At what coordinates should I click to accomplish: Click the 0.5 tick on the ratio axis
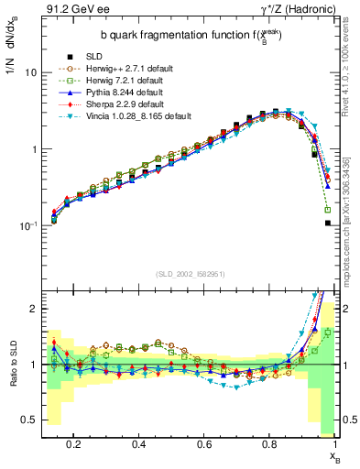click(28, 420)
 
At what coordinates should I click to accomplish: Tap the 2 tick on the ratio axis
click(32, 309)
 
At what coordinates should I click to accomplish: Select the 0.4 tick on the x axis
click(139, 443)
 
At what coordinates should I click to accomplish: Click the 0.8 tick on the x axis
click(269, 443)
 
